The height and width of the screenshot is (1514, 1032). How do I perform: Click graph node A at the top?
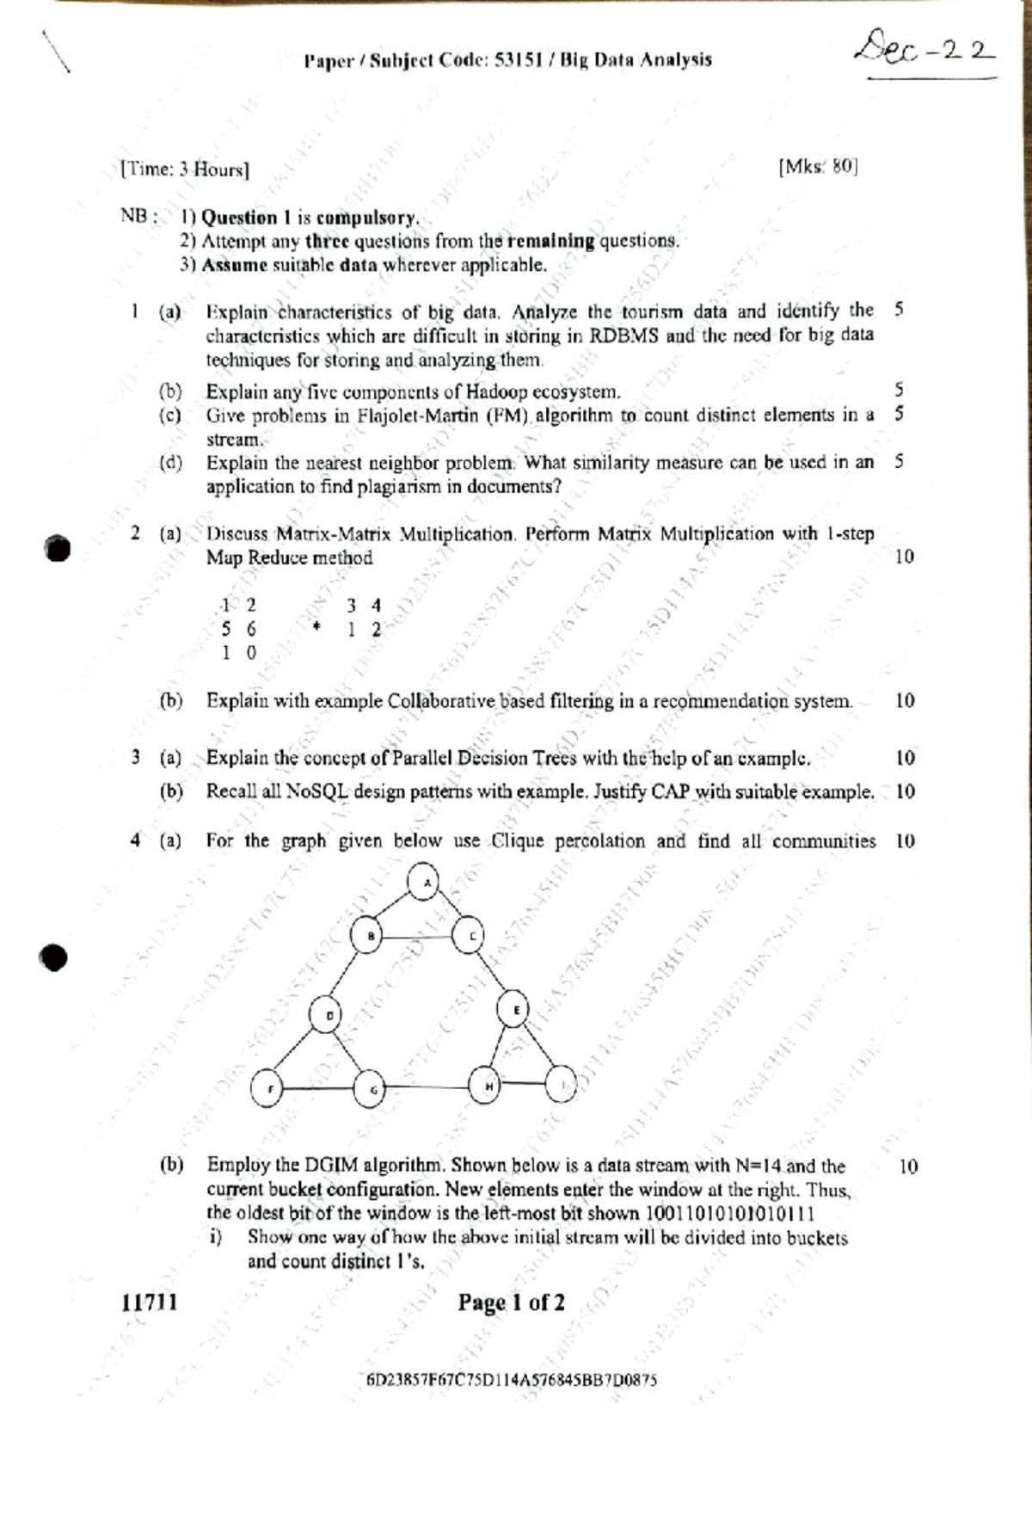(x=424, y=882)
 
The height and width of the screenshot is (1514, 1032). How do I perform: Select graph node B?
(x=369, y=935)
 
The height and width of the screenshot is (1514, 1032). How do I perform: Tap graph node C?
(x=470, y=935)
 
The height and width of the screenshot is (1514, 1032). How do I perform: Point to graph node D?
(x=328, y=1015)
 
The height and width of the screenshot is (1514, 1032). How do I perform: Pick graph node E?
(x=514, y=1009)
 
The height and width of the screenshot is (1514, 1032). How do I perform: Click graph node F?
(x=267, y=1088)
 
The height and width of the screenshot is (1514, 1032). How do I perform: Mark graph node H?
(x=487, y=1085)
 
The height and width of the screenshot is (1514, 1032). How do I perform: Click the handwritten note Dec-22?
(x=925, y=47)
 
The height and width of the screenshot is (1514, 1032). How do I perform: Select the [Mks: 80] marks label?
(x=817, y=166)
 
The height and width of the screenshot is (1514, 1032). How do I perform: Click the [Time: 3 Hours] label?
(x=186, y=169)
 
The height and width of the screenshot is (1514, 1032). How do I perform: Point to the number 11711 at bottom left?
(x=150, y=1302)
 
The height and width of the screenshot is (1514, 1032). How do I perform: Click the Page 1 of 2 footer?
(x=511, y=1302)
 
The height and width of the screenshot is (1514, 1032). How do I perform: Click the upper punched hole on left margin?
(x=57, y=548)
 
